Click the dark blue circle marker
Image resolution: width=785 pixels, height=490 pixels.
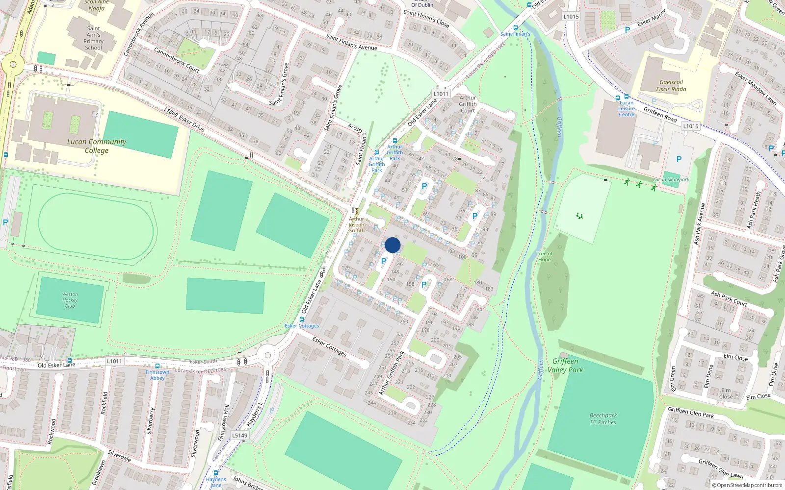392,245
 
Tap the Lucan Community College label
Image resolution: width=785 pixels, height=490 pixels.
97,146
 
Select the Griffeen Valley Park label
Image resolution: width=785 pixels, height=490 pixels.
565,366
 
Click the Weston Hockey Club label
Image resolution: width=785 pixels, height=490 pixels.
70,300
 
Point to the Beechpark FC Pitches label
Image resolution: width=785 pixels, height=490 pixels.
603,418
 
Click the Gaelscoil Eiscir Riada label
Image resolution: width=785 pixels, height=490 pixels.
671,86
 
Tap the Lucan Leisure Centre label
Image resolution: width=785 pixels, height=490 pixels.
627,109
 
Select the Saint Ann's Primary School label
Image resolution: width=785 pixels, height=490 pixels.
93,38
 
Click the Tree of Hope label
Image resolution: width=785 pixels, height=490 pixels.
544,256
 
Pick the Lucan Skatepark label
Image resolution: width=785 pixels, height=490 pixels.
671,180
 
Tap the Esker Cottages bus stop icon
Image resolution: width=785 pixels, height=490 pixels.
302,319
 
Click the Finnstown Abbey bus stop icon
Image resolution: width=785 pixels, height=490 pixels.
157,366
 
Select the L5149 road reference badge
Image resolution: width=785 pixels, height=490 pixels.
239,435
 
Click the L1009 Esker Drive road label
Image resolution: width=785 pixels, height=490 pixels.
184,120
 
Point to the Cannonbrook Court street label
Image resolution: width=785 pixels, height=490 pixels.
177,60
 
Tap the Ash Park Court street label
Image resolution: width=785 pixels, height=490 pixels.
729,299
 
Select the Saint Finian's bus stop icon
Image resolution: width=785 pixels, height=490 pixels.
515,27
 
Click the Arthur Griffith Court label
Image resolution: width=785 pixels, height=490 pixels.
468,104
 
